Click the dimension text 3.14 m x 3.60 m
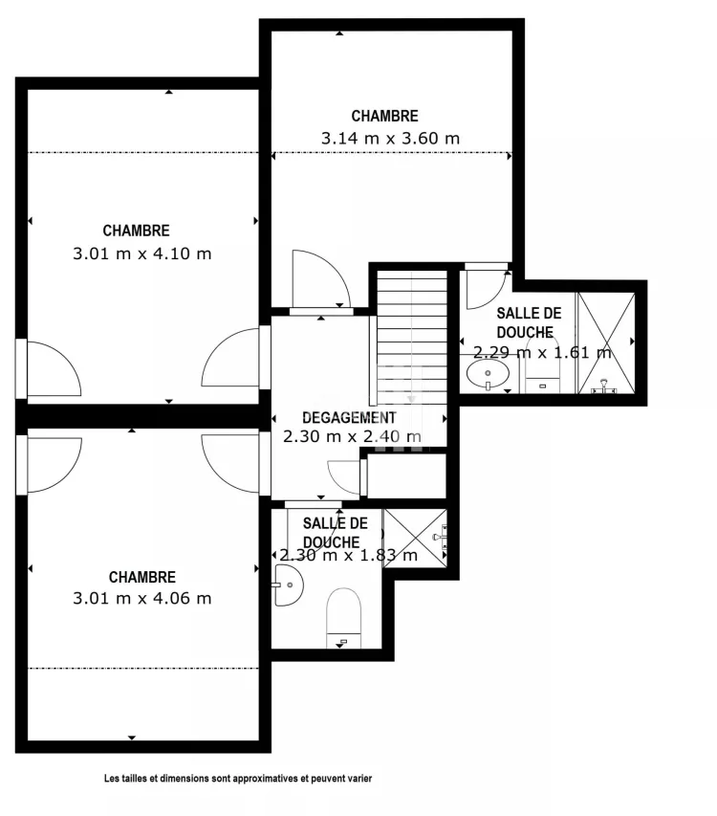pos(390,139)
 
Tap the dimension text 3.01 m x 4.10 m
pos(141,254)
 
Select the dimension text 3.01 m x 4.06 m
pos(141,599)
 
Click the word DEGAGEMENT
pos(349,417)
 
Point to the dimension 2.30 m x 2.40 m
pos(352,436)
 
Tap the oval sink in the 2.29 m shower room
pos(488,374)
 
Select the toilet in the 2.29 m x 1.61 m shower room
pos(542,365)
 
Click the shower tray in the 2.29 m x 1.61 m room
pos(606,342)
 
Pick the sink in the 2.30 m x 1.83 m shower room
pos(288,584)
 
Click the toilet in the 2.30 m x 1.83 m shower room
pos(343,618)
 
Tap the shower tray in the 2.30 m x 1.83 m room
pos(415,539)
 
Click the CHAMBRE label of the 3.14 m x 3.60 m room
pos(384,116)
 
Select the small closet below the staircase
pos(406,475)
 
